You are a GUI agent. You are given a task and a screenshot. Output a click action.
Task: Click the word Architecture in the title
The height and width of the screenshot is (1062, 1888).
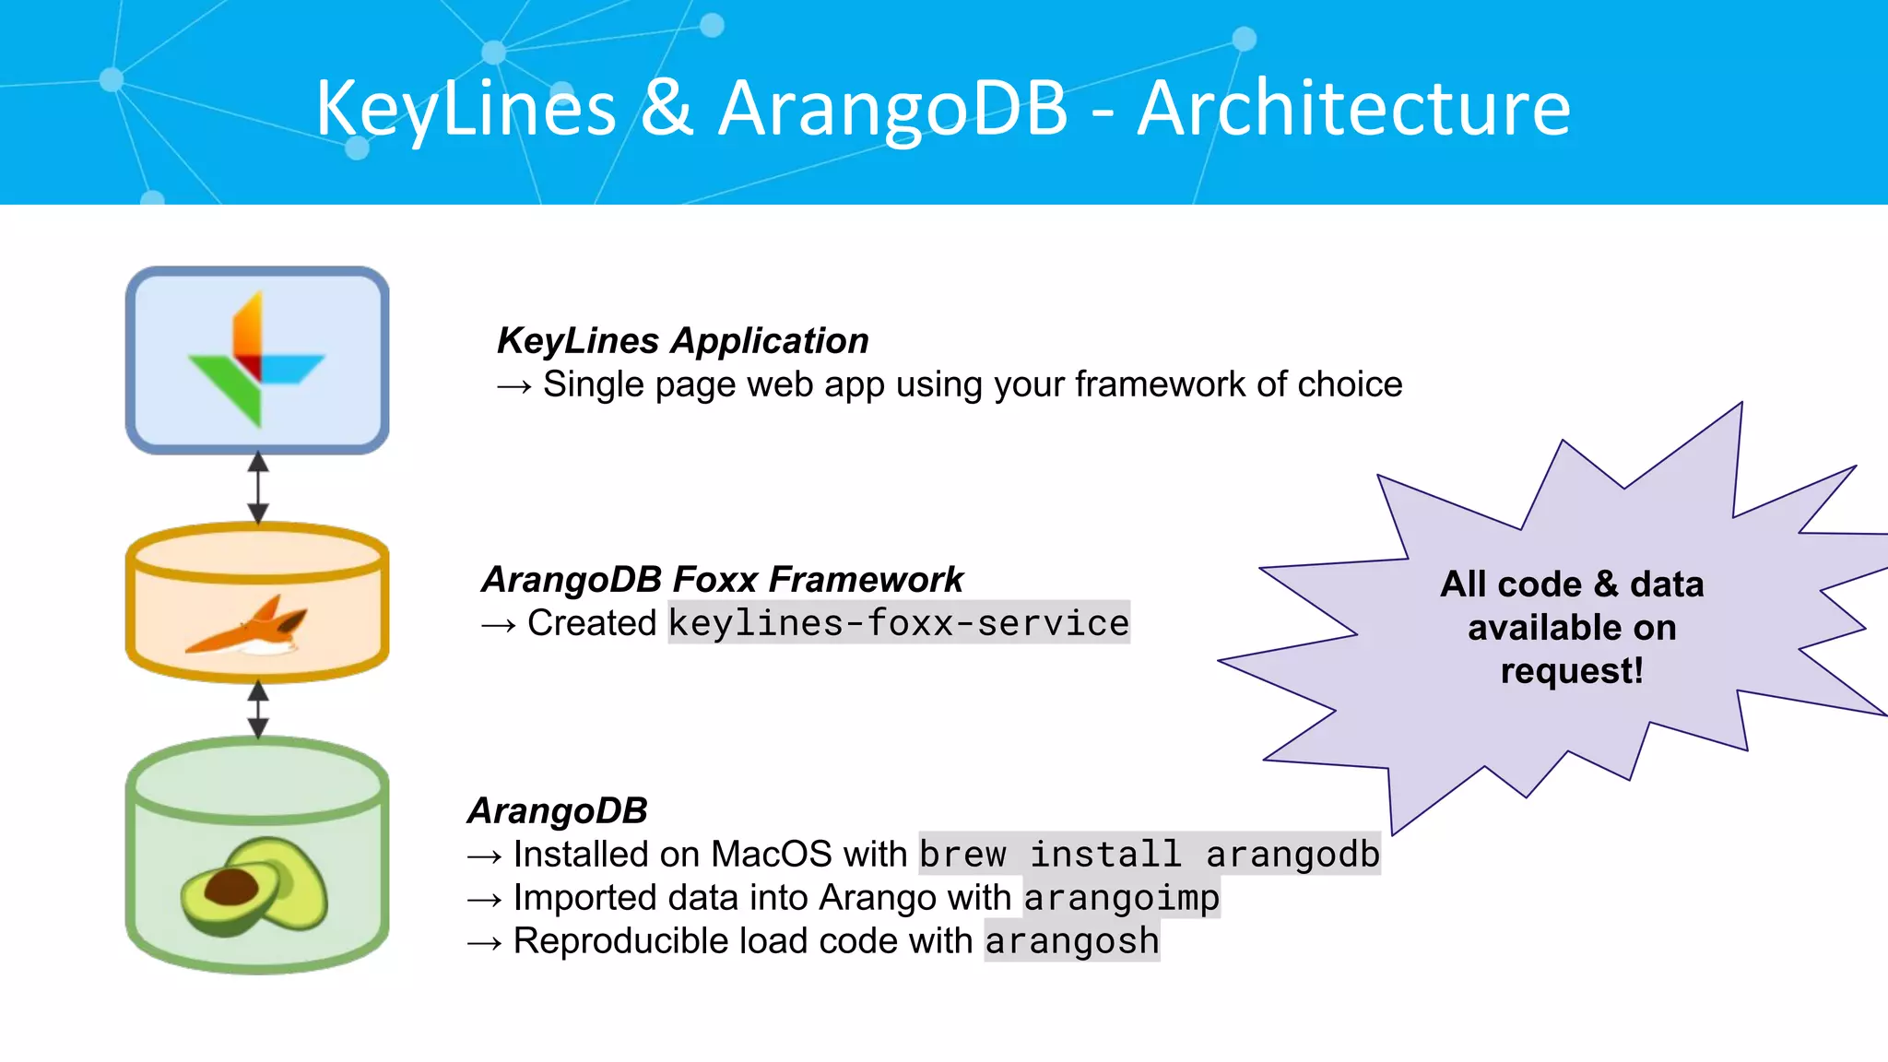[x=1353, y=109]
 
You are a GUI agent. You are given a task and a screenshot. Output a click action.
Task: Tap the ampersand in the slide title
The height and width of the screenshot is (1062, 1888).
[x=667, y=109]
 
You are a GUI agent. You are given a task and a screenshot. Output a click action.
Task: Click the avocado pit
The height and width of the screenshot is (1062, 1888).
[x=231, y=888]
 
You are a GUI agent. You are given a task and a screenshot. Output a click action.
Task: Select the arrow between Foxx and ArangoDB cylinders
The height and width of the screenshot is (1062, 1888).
[x=258, y=710]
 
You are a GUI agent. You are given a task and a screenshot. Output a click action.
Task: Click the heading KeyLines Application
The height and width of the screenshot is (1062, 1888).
[x=682, y=341]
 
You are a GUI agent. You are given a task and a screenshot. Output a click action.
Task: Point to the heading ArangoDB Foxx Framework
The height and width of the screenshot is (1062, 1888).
[x=722, y=580]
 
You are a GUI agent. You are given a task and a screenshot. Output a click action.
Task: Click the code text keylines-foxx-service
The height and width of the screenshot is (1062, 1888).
[x=898, y=623]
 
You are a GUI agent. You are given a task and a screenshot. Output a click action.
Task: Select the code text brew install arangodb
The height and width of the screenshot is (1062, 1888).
[x=1149, y=855]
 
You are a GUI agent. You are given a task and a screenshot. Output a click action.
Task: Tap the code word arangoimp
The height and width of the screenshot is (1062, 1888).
[x=1121, y=898]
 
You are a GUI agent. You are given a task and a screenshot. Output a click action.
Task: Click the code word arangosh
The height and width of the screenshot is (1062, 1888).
[x=1071, y=941]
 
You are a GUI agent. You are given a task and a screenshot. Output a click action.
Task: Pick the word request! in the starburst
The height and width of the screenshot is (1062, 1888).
[x=1571, y=671]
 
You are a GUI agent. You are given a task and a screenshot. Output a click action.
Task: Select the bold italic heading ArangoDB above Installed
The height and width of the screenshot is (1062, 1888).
[x=558, y=811]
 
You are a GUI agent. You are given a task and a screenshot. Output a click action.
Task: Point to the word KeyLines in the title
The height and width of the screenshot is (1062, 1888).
[x=466, y=109]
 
